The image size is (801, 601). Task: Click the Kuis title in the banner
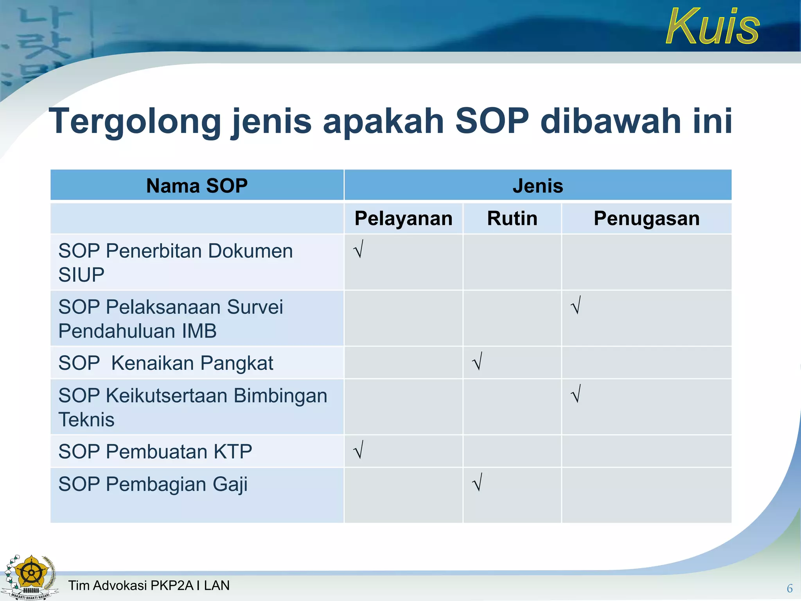click(x=713, y=27)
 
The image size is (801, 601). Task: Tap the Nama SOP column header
click(x=197, y=185)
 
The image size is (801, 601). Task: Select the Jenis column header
click(x=538, y=185)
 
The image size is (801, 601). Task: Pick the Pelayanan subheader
click(x=403, y=218)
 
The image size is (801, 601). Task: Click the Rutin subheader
click(x=512, y=218)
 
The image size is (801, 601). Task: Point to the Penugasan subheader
click(x=647, y=218)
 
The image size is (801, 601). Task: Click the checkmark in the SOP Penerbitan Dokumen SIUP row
click(x=359, y=249)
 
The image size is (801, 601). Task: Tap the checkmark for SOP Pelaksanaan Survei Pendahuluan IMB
click(x=576, y=305)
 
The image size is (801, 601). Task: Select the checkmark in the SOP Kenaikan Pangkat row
click(x=478, y=361)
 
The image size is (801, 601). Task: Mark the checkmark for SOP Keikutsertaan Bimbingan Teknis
click(x=576, y=394)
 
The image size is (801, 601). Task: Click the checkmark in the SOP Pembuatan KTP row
click(x=359, y=450)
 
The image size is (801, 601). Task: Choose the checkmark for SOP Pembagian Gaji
click(x=478, y=482)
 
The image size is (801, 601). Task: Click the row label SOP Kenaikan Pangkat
click(x=166, y=363)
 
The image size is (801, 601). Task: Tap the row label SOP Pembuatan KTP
click(x=155, y=452)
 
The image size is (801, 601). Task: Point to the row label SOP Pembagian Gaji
click(x=153, y=484)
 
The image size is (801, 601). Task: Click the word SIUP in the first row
click(x=81, y=275)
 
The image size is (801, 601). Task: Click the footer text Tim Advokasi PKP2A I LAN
click(x=149, y=585)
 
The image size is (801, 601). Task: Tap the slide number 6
click(x=789, y=588)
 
